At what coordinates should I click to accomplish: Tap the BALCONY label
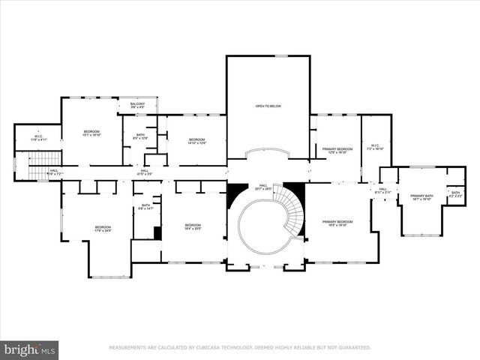[x=137, y=105]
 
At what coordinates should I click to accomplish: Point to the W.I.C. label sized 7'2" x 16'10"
[x=376, y=147]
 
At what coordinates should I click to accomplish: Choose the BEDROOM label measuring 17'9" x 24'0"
[x=103, y=229]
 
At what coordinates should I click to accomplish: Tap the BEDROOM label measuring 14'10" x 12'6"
[x=196, y=141]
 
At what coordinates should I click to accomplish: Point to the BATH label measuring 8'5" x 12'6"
[x=140, y=136]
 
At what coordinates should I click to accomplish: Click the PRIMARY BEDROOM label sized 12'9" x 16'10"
[x=334, y=150]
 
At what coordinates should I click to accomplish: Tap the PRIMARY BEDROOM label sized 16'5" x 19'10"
[x=337, y=223]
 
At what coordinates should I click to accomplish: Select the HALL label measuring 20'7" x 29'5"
[x=263, y=187]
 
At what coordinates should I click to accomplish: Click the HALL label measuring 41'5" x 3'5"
[x=144, y=172]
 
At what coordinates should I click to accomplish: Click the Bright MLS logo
[x=30, y=349]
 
